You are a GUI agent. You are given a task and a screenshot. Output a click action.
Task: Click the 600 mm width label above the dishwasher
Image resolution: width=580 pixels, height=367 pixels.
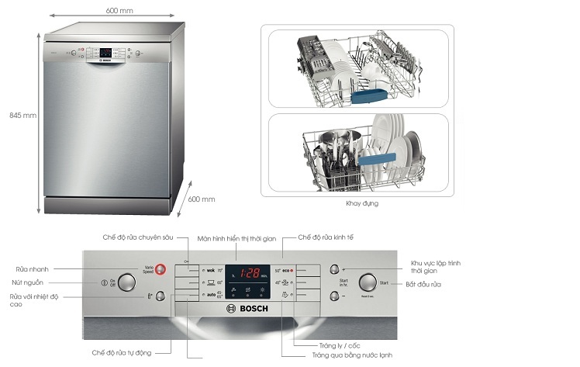(118, 10)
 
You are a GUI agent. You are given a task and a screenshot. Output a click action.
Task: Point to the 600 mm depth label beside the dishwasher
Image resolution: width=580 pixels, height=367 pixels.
(202, 199)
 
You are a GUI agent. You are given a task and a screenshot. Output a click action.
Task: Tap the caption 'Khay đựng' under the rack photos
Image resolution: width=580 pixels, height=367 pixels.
(362, 203)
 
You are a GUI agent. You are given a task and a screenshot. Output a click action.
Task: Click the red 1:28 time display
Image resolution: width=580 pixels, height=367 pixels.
(250, 273)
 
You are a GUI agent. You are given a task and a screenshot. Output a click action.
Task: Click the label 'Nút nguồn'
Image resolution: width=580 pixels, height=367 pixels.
(27, 282)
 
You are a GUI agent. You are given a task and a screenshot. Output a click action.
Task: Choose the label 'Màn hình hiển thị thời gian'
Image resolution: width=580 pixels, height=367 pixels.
(236, 238)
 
